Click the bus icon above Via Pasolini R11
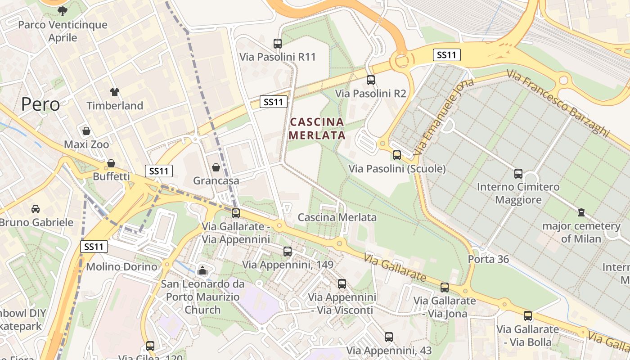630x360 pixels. click(x=278, y=44)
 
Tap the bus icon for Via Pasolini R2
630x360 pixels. click(x=371, y=80)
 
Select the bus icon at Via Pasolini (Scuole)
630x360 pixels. click(x=397, y=155)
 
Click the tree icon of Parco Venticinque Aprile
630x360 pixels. click(x=63, y=11)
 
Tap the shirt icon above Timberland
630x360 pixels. click(x=115, y=92)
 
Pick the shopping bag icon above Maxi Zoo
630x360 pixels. click(x=86, y=131)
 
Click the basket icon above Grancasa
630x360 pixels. click(x=216, y=167)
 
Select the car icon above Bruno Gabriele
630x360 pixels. click(x=36, y=209)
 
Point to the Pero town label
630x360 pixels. click(x=40, y=104)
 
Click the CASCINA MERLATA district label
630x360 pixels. click(x=317, y=128)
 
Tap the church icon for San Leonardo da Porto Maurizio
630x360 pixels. click(x=202, y=270)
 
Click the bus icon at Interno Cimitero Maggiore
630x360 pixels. click(x=518, y=173)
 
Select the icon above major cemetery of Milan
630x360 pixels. click(x=581, y=212)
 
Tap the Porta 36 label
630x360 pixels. click(x=488, y=259)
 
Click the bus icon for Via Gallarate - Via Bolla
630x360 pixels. click(x=528, y=316)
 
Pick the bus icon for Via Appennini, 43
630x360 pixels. click(x=389, y=337)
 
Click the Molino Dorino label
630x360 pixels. click(x=121, y=266)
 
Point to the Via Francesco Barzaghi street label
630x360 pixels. click(x=558, y=103)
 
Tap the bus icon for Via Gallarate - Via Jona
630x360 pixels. click(x=445, y=287)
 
